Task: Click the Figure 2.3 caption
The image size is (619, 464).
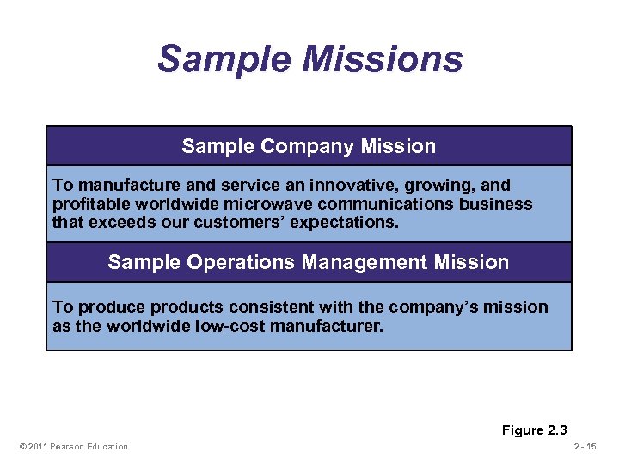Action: coord(535,430)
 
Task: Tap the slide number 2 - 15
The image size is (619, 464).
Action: coord(590,446)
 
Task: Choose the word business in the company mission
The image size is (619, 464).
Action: coord(499,204)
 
